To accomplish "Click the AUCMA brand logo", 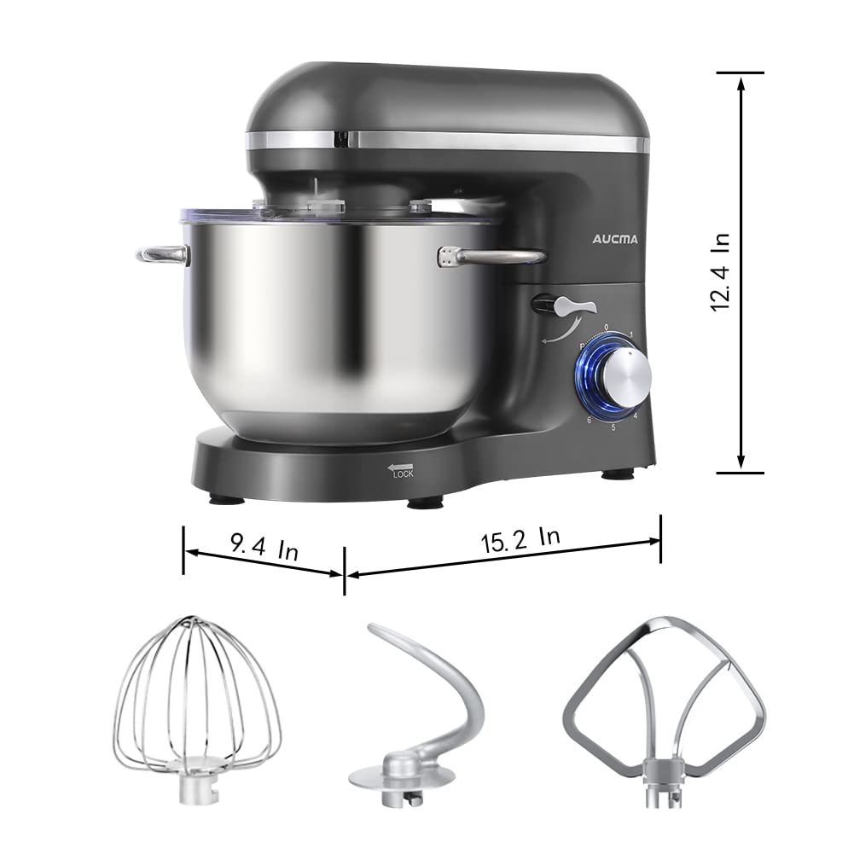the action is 614,239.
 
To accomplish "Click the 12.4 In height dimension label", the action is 721,272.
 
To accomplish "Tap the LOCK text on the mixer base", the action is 403,473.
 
